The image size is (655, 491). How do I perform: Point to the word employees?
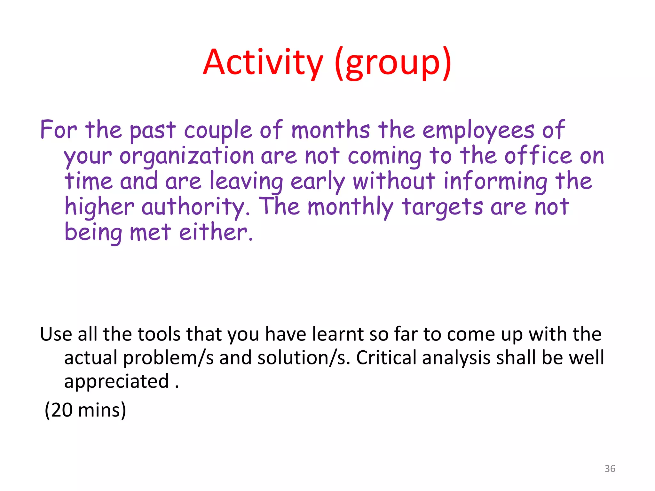pyautogui.click(x=478, y=130)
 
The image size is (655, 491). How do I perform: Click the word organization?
pyautogui.click(x=187, y=156)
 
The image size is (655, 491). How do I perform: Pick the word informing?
pyautogui.click(x=495, y=182)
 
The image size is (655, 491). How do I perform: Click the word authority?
pyautogui.click(x=195, y=207)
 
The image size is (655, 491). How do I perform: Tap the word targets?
pyautogui.click(x=442, y=207)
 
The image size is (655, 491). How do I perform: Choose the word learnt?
pyautogui.click(x=338, y=334)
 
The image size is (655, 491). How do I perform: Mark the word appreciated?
pyautogui.click(x=116, y=381)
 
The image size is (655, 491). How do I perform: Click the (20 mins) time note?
pyautogui.click(x=85, y=410)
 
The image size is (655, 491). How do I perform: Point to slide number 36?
pyautogui.click(x=610, y=469)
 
